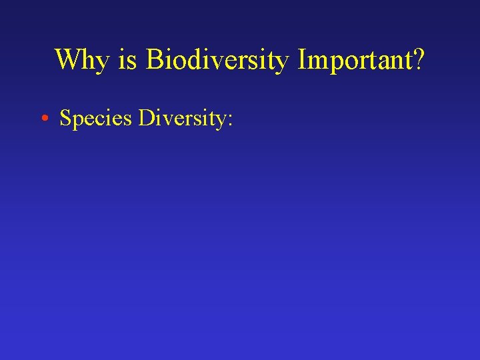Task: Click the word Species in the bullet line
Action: coord(95,118)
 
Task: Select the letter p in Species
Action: coord(78,121)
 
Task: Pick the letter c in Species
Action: coord(99,120)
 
